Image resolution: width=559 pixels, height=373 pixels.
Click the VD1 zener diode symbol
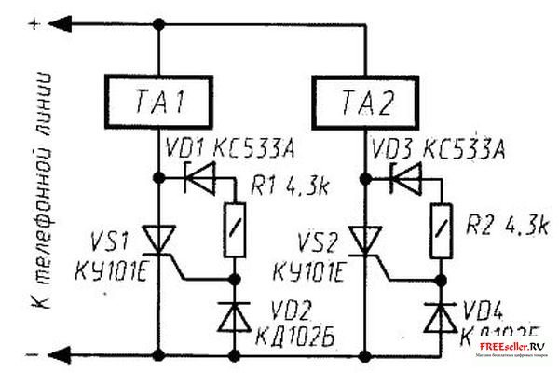coord(198,173)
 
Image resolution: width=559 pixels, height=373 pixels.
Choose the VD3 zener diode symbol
coord(402,173)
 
